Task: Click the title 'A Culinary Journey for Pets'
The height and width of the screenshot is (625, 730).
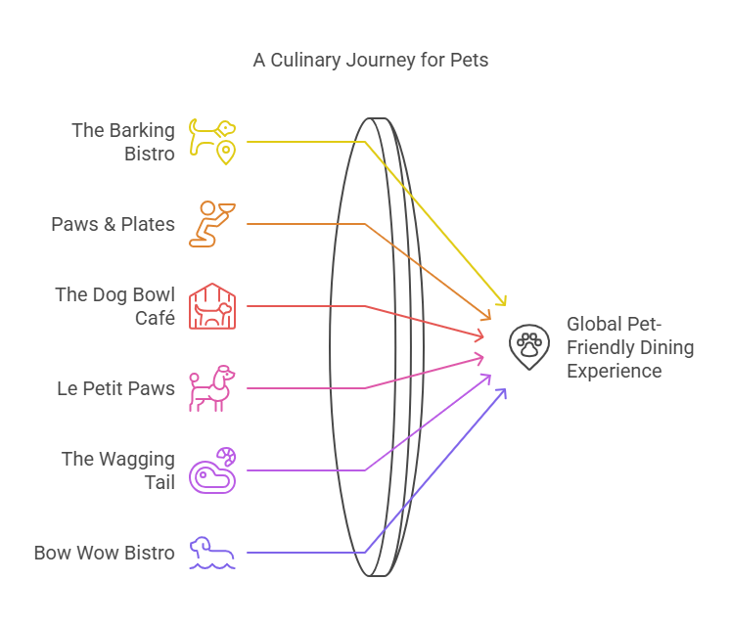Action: pyautogui.click(x=371, y=61)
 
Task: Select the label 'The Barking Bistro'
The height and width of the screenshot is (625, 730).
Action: pyautogui.click(x=123, y=142)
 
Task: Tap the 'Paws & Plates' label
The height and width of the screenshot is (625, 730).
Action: pyautogui.click(x=114, y=224)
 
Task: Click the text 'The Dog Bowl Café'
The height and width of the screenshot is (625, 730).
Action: pyautogui.click(x=115, y=306)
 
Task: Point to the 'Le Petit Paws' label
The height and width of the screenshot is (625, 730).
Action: pyautogui.click(x=115, y=388)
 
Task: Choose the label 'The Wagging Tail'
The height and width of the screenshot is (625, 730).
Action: pyautogui.click(x=118, y=470)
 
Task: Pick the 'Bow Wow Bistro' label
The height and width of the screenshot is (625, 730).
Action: pyautogui.click(x=105, y=553)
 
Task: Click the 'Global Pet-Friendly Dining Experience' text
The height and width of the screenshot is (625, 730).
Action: pyautogui.click(x=630, y=347)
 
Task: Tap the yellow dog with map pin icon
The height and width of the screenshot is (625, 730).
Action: pyautogui.click(x=213, y=141)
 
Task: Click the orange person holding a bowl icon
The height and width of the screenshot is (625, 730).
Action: pyautogui.click(x=211, y=224)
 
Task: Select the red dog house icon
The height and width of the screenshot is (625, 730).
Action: pyautogui.click(x=212, y=306)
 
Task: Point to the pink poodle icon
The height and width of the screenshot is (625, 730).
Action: pyautogui.click(x=212, y=388)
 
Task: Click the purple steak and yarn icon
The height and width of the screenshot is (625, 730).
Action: pyautogui.click(x=212, y=470)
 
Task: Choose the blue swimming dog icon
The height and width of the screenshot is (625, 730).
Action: pyautogui.click(x=212, y=553)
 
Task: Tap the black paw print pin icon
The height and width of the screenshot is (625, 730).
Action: pyautogui.click(x=529, y=346)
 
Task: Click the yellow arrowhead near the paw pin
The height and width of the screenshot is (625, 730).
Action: pyautogui.click(x=505, y=301)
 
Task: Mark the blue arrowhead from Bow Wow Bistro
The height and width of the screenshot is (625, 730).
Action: pyautogui.click(x=502, y=391)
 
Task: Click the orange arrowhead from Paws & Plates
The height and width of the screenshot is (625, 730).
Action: pyautogui.click(x=487, y=316)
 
